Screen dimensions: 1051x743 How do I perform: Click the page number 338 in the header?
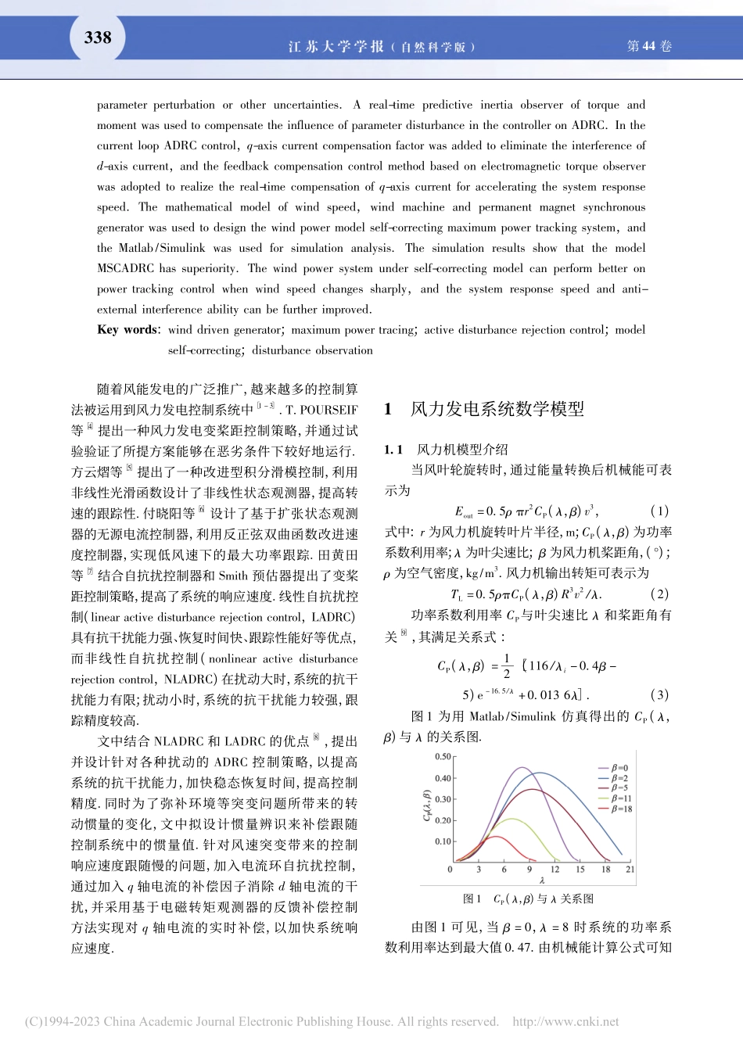pos(98,38)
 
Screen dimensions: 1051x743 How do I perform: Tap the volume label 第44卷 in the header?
pos(649,46)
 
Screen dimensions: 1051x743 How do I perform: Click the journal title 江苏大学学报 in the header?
pos(336,47)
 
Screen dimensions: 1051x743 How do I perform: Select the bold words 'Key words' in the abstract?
pos(128,330)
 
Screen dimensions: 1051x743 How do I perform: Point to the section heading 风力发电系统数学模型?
pos(497,409)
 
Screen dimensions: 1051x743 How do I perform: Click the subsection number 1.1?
pos(393,450)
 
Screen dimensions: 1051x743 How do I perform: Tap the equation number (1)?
pos(659,511)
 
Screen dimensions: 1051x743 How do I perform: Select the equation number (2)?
pos(659,594)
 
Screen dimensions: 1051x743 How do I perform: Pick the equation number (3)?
pos(659,695)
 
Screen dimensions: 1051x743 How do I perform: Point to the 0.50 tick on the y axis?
pos(443,757)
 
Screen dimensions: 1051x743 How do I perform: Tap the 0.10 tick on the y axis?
pos(443,842)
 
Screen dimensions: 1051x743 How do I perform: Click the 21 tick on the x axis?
pos(630,869)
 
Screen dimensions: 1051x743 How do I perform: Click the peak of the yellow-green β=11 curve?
pos(512,819)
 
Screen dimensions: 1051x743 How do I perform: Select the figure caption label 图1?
pos(472,899)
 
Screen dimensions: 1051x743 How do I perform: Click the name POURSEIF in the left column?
pos(329,410)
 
